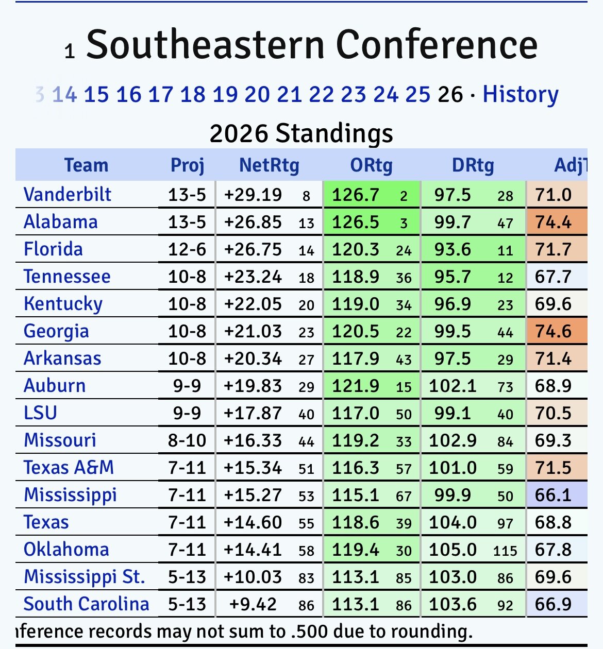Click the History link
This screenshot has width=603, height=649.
click(521, 94)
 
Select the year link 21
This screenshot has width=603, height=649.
click(290, 94)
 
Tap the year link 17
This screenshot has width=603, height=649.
click(161, 94)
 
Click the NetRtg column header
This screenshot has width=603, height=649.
click(269, 165)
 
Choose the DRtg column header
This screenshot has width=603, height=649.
click(473, 165)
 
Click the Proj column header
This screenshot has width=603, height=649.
click(188, 165)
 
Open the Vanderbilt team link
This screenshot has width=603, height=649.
click(68, 195)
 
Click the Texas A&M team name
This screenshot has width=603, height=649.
click(69, 468)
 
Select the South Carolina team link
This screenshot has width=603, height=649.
click(86, 604)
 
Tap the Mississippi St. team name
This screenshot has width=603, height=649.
click(85, 577)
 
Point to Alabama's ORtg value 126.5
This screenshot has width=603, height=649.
click(356, 222)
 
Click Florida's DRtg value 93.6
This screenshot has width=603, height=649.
click(453, 249)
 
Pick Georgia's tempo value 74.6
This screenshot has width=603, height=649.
click(553, 331)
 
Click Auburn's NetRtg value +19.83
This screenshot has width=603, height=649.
click(253, 386)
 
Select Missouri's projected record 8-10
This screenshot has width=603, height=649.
click(187, 440)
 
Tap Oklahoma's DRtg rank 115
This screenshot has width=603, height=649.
click(505, 551)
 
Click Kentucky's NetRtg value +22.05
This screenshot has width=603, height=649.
click(253, 304)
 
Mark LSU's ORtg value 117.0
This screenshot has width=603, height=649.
click(356, 413)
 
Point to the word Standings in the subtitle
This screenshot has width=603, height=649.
click(334, 133)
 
